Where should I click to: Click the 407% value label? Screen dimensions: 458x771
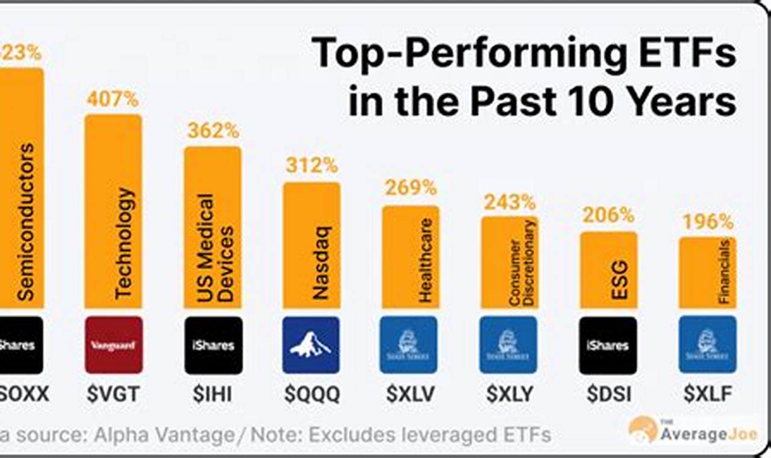coord(113,99)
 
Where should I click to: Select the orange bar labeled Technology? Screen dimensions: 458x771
coord(113,211)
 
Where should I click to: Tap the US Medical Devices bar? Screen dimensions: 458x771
coord(213,227)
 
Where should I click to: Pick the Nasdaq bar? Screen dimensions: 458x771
coord(311,245)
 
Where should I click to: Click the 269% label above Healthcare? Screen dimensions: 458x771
coord(411,188)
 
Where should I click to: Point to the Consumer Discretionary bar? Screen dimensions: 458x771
coord(509,262)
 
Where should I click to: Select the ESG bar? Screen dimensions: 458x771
coord(608,270)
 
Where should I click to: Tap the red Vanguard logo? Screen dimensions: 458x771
coord(114,345)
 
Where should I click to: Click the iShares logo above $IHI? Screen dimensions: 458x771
coord(213,345)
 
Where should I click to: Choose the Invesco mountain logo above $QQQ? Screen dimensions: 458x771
coord(311,345)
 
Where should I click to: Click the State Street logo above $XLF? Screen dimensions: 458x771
coord(707,345)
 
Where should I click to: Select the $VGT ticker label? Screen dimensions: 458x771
coord(113,394)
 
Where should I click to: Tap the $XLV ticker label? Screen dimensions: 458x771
coord(410,394)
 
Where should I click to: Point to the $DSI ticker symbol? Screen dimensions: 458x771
coord(609,394)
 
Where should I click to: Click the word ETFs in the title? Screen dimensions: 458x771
coord(686,54)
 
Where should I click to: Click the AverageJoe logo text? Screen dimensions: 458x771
coord(708,434)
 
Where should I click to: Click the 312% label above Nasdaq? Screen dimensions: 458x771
coord(311,164)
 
